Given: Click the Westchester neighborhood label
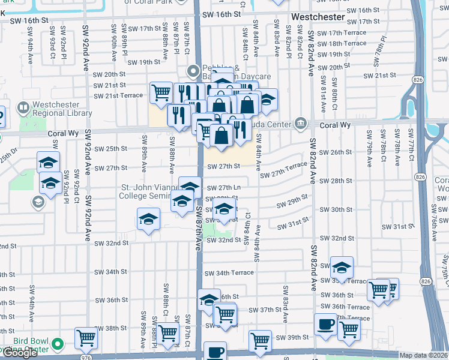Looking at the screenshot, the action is click(x=318, y=17).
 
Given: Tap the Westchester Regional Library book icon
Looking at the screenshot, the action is click(x=23, y=109).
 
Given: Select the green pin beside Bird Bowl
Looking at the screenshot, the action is click(x=57, y=344).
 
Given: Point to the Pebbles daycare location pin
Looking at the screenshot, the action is click(x=193, y=71).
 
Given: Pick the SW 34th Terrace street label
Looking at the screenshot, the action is click(x=229, y=272).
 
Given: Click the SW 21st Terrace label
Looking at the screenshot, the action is click(x=123, y=95).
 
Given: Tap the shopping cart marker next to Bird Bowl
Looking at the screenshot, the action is click(x=86, y=338).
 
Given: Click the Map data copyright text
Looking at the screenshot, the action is click(x=424, y=355).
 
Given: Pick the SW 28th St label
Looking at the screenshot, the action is click(x=336, y=181).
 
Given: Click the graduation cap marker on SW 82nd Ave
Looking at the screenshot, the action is click(x=342, y=268).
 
